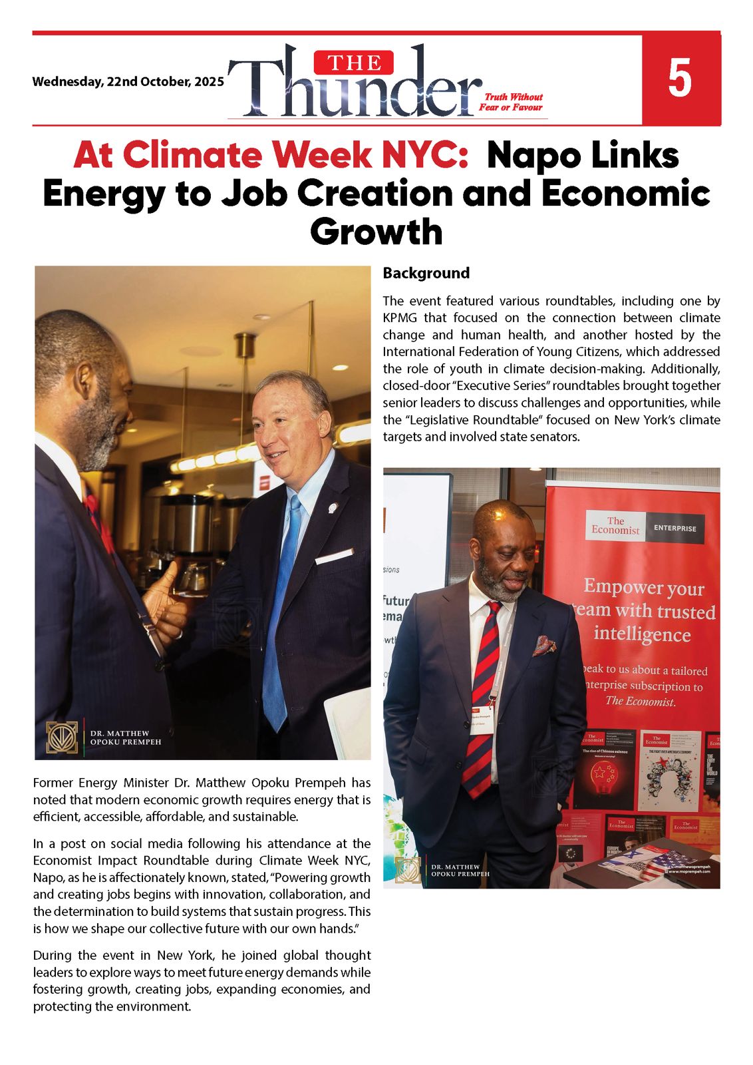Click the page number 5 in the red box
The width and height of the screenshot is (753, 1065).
pyautogui.click(x=680, y=79)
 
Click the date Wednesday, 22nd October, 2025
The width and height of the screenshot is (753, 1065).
pyautogui.click(x=128, y=82)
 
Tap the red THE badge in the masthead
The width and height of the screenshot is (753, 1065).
pyautogui.click(x=354, y=63)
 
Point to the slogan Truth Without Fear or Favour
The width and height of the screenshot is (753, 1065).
pyautogui.click(x=511, y=102)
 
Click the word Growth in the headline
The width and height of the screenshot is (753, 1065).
pyautogui.click(x=376, y=232)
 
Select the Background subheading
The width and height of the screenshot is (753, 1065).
pyautogui.click(x=426, y=273)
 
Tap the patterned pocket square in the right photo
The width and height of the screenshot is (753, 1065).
pyautogui.click(x=543, y=645)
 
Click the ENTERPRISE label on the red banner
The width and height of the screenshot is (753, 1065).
pyautogui.click(x=675, y=528)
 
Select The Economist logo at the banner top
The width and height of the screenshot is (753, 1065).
pyautogui.click(x=615, y=526)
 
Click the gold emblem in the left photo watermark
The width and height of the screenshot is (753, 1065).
pyautogui.click(x=62, y=737)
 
